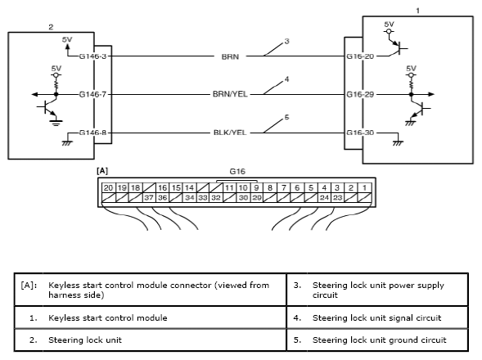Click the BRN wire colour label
click(x=230, y=56)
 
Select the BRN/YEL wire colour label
click(x=230, y=94)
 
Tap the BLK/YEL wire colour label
click(x=230, y=133)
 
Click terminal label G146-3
click(x=92, y=56)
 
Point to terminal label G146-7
click(x=92, y=94)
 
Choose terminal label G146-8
click(x=92, y=133)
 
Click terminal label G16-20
click(x=360, y=56)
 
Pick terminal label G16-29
click(x=360, y=94)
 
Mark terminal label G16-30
click(x=360, y=133)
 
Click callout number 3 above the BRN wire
click(x=286, y=41)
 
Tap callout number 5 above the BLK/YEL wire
click(x=286, y=117)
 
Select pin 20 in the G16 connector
click(x=108, y=188)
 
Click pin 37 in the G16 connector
click(x=149, y=198)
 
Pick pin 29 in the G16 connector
click(x=257, y=198)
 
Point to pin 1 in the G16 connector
click(x=365, y=188)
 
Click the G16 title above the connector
click(x=237, y=171)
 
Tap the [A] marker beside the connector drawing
click(x=102, y=171)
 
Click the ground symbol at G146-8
click(x=67, y=143)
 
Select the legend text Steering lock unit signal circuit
click(x=377, y=317)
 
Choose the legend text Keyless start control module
click(x=108, y=317)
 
